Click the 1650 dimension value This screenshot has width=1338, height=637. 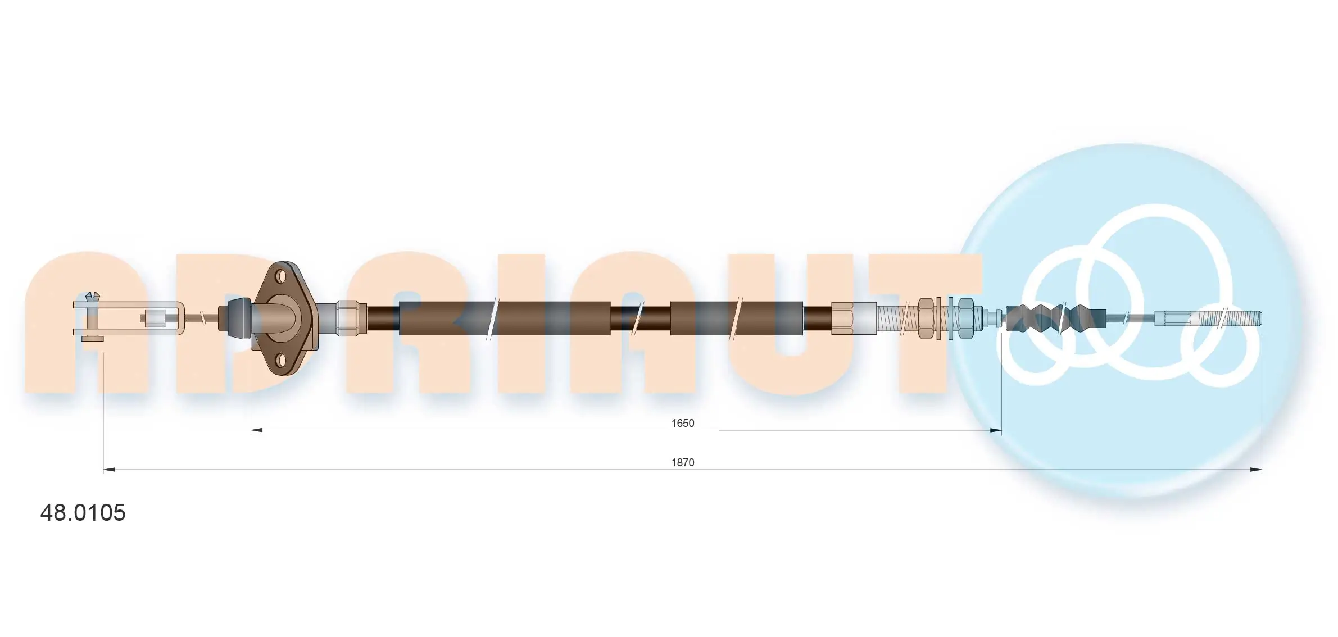(682, 423)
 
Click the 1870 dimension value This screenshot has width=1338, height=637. (682, 462)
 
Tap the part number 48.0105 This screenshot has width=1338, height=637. (83, 512)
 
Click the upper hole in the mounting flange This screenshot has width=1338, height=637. (280, 276)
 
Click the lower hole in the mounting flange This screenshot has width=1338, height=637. (280, 359)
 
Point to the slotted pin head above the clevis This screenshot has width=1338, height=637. (92, 295)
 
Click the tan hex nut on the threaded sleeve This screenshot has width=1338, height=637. (926, 318)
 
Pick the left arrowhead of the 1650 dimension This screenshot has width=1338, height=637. (256, 430)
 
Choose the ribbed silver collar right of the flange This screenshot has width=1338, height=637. (350, 318)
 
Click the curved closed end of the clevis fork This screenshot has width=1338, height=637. (181, 319)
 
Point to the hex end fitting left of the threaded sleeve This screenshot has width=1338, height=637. (841, 318)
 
